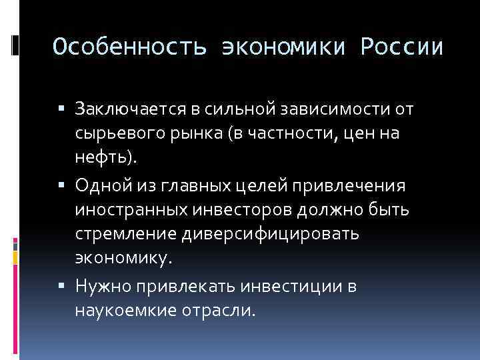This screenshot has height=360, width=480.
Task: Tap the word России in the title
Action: [402, 47]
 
